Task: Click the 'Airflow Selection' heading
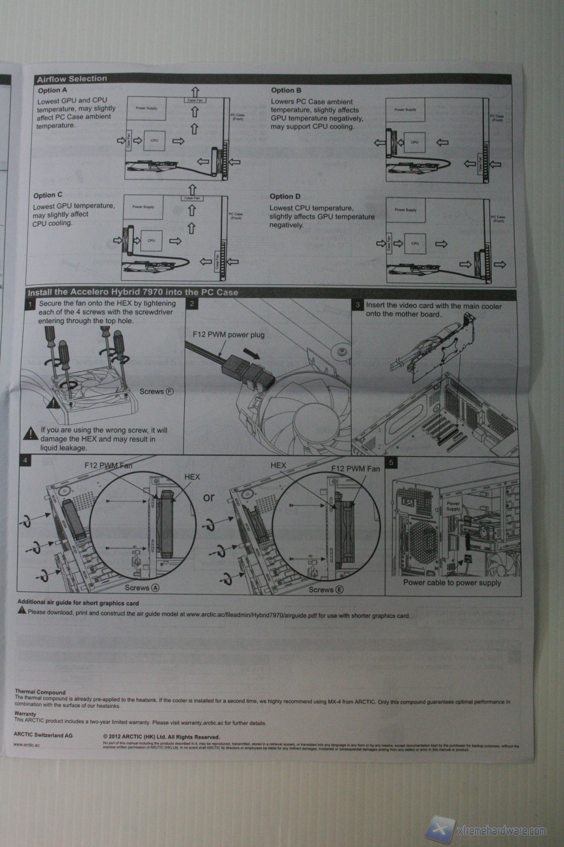click(72, 79)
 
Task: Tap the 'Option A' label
click(52, 90)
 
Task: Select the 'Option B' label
click(286, 90)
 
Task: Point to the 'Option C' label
click(47, 195)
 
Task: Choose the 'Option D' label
click(285, 197)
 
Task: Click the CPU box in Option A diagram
click(154, 140)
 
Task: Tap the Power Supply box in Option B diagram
click(405, 110)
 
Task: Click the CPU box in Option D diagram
click(415, 243)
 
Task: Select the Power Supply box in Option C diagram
click(143, 207)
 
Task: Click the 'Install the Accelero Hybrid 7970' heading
click(133, 293)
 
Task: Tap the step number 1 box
click(30, 304)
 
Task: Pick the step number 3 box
click(357, 305)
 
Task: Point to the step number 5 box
click(391, 462)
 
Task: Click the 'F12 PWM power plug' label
click(228, 335)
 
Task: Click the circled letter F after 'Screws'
click(170, 392)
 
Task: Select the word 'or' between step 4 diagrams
click(209, 497)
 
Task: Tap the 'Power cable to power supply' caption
click(452, 583)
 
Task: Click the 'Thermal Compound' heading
click(40, 692)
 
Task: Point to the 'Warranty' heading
click(25, 714)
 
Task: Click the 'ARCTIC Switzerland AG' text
click(43, 735)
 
